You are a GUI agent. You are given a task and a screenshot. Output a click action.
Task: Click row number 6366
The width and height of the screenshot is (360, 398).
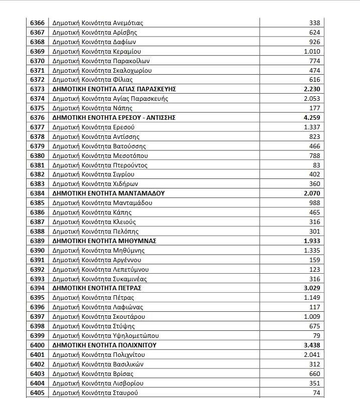[37, 23]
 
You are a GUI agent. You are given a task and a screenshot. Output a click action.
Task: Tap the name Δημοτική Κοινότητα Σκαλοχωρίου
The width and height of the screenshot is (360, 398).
[102, 70]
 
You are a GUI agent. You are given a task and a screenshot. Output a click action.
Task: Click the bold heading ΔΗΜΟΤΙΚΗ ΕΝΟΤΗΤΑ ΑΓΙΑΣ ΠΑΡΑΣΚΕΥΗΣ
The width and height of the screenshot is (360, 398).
[114, 89]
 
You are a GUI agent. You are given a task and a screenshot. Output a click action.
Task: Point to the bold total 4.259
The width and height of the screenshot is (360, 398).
[312, 118]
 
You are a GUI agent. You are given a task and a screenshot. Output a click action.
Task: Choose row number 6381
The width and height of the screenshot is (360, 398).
[37, 165]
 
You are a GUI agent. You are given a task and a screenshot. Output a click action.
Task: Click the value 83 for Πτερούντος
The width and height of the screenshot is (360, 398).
[316, 165]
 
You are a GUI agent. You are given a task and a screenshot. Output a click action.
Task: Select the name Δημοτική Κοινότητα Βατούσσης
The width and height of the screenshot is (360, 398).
[99, 146]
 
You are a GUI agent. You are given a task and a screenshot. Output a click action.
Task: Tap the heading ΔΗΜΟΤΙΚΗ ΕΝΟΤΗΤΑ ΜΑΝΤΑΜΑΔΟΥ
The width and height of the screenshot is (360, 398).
[109, 193]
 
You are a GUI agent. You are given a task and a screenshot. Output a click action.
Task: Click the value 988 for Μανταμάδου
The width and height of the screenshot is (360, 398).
[314, 203]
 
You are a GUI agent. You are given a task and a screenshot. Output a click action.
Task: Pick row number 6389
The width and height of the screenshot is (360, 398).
[37, 241]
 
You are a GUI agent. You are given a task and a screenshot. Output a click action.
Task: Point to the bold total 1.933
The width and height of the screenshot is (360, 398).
[312, 241]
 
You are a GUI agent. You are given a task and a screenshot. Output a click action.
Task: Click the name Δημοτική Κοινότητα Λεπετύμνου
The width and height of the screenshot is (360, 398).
[100, 269]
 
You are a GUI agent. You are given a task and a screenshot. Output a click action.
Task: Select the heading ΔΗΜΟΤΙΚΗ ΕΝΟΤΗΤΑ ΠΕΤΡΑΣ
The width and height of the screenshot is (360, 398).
[97, 288]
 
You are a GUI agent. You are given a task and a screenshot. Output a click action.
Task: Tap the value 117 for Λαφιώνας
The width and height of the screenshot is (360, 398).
[315, 307]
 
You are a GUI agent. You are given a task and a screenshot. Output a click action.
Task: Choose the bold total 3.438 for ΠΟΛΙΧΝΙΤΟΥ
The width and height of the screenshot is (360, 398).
[312, 345]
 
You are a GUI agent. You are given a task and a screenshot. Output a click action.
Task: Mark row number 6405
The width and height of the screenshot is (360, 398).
[37, 392]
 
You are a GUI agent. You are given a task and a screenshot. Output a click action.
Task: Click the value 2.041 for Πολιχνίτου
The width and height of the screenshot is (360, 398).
[312, 354]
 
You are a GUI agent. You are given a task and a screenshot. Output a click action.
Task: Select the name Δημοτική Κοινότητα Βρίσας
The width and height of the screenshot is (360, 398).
[93, 373]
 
